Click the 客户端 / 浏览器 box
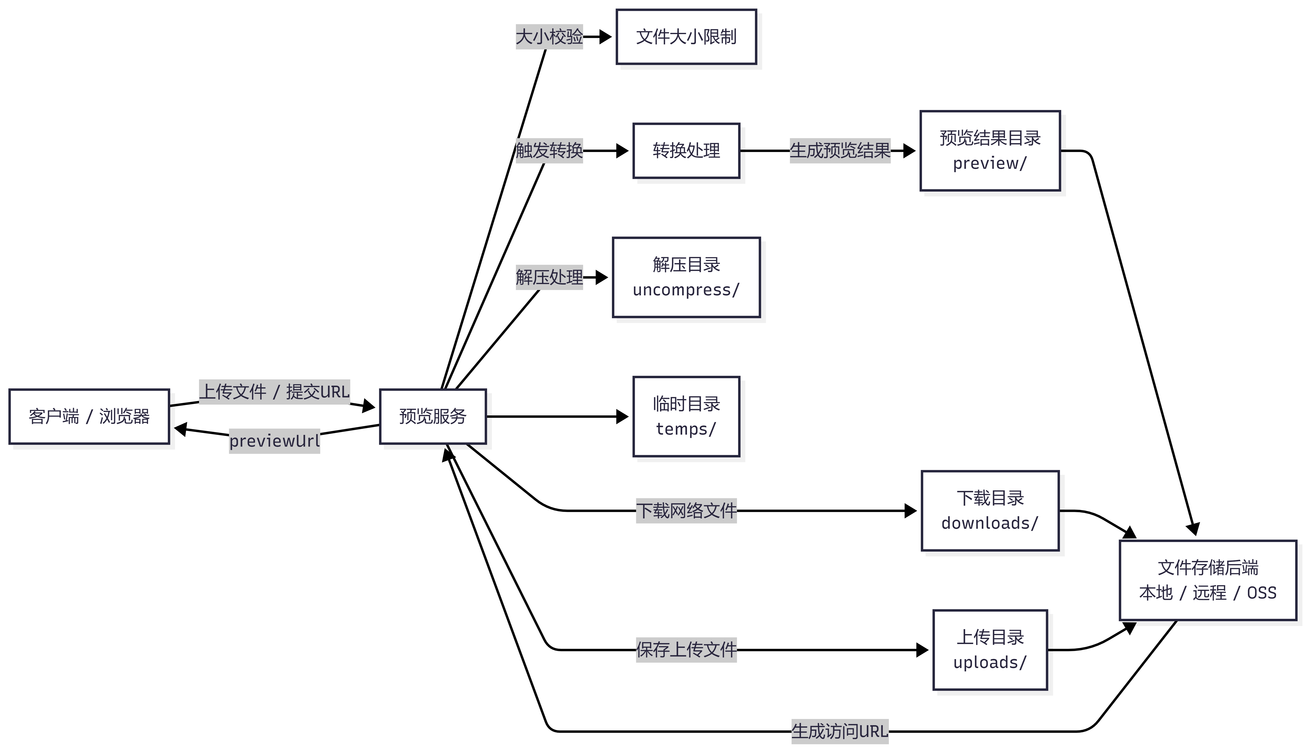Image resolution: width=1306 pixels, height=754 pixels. pyautogui.click(x=89, y=416)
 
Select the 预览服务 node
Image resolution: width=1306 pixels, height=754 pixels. pyautogui.click(x=433, y=416)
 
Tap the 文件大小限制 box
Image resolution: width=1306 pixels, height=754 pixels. pyautogui.click(x=686, y=37)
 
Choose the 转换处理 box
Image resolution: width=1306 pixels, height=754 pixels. pyautogui.click(x=686, y=151)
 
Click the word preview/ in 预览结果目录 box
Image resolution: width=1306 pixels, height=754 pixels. pyautogui.click(x=989, y=164)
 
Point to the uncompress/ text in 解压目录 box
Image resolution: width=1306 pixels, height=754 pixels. pyautogui.click(x=686, y=290)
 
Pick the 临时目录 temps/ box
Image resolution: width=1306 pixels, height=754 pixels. pyautogui.click(x=686, y=416)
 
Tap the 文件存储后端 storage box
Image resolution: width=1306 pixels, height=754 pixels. pyautogui.click(x=1208, y=580)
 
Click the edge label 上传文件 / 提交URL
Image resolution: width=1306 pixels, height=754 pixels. pyautogui.click(x=274, y=391)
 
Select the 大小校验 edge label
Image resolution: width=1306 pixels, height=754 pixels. pyautogui.click(x=549, y=37)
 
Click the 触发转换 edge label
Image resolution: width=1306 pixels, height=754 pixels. pyautogui.click(x=549, y=151)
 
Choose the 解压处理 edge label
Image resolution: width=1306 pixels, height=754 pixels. pyautogui.click(x=549, y=277)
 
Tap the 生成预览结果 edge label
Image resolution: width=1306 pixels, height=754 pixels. pyautogui.click(x=840, y=151)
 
